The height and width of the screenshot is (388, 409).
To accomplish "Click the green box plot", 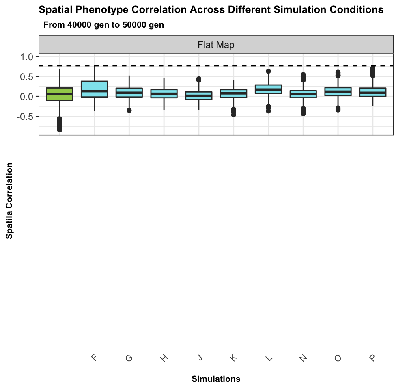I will pyautogui.click(x=59, y=94).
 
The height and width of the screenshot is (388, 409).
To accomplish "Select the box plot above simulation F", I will pyautogui.click(x=94, y=89).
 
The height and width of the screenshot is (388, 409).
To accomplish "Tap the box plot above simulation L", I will pyautogui.click(x=268, y=89).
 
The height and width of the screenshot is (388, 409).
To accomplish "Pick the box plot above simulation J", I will pyautogui.click(x=198, y=95).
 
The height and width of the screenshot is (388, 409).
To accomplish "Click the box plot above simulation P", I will pyautogui.click(x=372, y=92).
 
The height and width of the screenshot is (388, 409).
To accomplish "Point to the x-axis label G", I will pyautogui.click(x=129, y=358).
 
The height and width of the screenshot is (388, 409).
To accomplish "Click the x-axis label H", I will pyautogui.click(x=164, y=358).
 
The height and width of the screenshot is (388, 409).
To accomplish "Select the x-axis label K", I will pyautogui.click(x=234, y=358).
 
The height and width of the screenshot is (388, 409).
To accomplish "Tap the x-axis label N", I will pyautogui.click(x=303, y=358).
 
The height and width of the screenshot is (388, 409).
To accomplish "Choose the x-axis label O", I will pyautogui.click(x=338, y=358).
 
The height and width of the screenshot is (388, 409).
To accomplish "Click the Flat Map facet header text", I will pyautogui.click(x=216, y=45).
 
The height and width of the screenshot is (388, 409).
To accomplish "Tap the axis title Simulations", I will pyautogui.click(x=216, y=379).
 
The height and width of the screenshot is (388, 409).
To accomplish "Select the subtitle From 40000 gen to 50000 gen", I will pyautogui.click(x=103, y=25).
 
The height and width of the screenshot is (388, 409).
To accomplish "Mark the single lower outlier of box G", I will pyautogui.click(x=129, y=110).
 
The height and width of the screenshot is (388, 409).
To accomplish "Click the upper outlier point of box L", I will pyautogui.click(x=268, y=72).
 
